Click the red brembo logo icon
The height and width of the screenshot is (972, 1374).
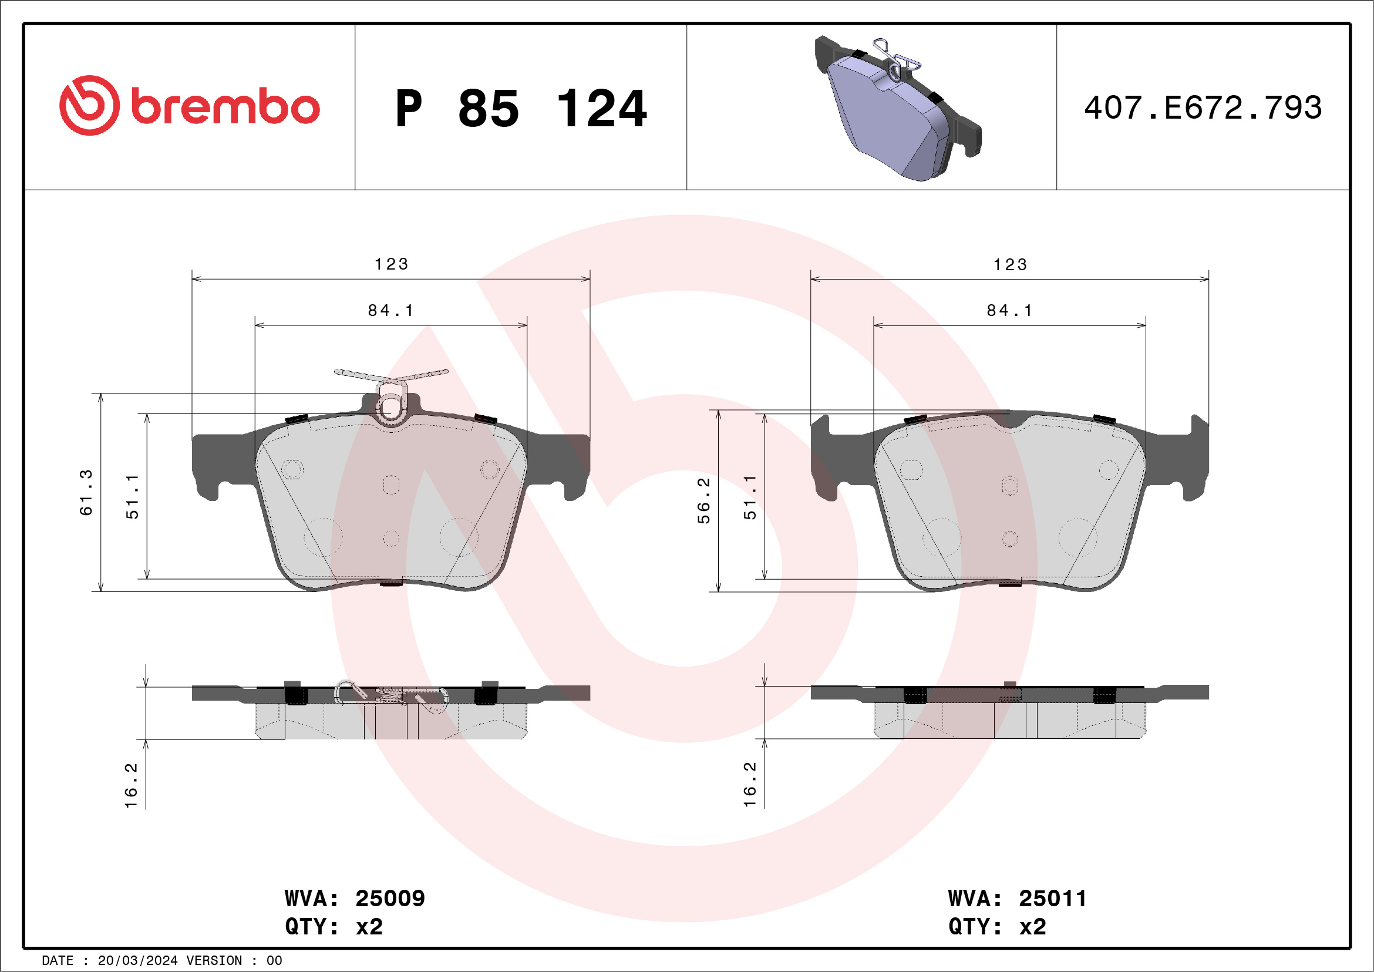89,105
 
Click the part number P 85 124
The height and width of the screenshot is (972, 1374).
521,109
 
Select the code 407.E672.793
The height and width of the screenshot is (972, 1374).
1203,108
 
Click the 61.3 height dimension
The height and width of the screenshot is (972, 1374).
87,492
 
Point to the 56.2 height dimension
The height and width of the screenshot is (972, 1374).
704,500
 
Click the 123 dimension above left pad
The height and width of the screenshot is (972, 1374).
392,264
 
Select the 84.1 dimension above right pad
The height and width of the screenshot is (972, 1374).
1009,310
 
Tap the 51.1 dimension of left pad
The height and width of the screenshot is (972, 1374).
132,496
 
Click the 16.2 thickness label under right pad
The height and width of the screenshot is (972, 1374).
750,785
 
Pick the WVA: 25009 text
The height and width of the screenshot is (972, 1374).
354,899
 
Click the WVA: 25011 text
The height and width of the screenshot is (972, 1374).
1017,899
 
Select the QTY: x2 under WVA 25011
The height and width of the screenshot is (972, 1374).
997,927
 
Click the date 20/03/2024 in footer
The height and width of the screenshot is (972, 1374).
137,961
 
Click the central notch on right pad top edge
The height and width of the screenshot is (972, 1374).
1010,422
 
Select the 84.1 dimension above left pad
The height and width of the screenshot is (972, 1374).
391,310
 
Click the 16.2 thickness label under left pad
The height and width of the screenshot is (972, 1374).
131,785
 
